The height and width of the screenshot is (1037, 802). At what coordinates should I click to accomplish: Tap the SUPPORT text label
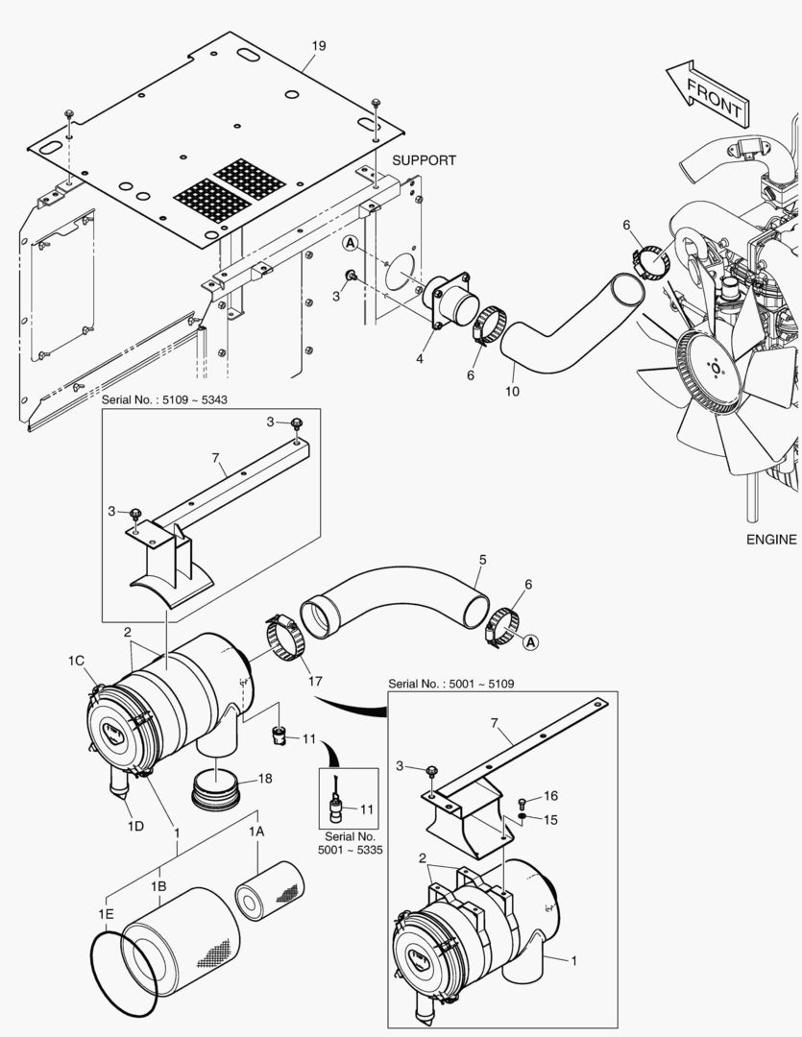coord(424,160)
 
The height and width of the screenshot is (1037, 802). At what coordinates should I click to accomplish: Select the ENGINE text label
coord(770,540)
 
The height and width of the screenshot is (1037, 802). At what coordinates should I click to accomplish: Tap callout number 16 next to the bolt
coord(550,796)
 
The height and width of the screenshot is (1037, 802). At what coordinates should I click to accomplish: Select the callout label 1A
coord(256,832)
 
